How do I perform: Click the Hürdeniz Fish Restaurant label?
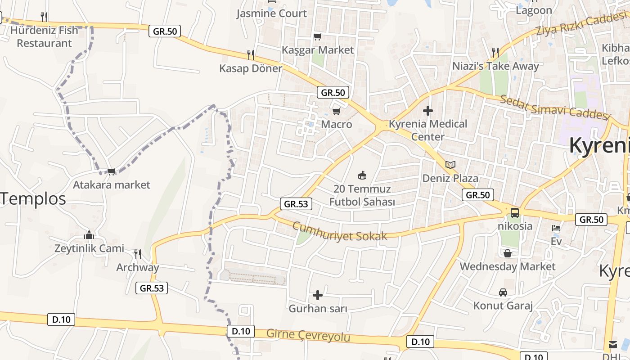pos(44,37)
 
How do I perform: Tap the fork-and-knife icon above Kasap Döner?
pos(251,55)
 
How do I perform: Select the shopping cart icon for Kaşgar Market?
pos(318,36)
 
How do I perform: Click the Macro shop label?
pos(337,124)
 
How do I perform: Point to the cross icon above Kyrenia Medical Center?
pos(428,110)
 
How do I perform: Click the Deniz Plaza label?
pos(450,178)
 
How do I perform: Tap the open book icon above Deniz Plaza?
pos(450,165)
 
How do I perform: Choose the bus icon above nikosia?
pos(515,212)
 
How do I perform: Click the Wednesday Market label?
pos(508,266)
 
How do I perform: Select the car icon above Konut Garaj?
pos(503,292)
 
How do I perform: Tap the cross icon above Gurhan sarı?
pos(318,295)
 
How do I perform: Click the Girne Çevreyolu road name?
pos(308,335)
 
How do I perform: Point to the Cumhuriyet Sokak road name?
pos(340,231)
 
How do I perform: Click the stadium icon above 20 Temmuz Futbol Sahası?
pos(362,175)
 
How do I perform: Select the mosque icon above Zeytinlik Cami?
pos(89,235)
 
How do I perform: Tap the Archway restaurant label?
pos(138,268)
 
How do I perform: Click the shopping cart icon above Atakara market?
pos(111,171)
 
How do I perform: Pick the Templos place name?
pos(33,198)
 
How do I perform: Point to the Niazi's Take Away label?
pos(495,66)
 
